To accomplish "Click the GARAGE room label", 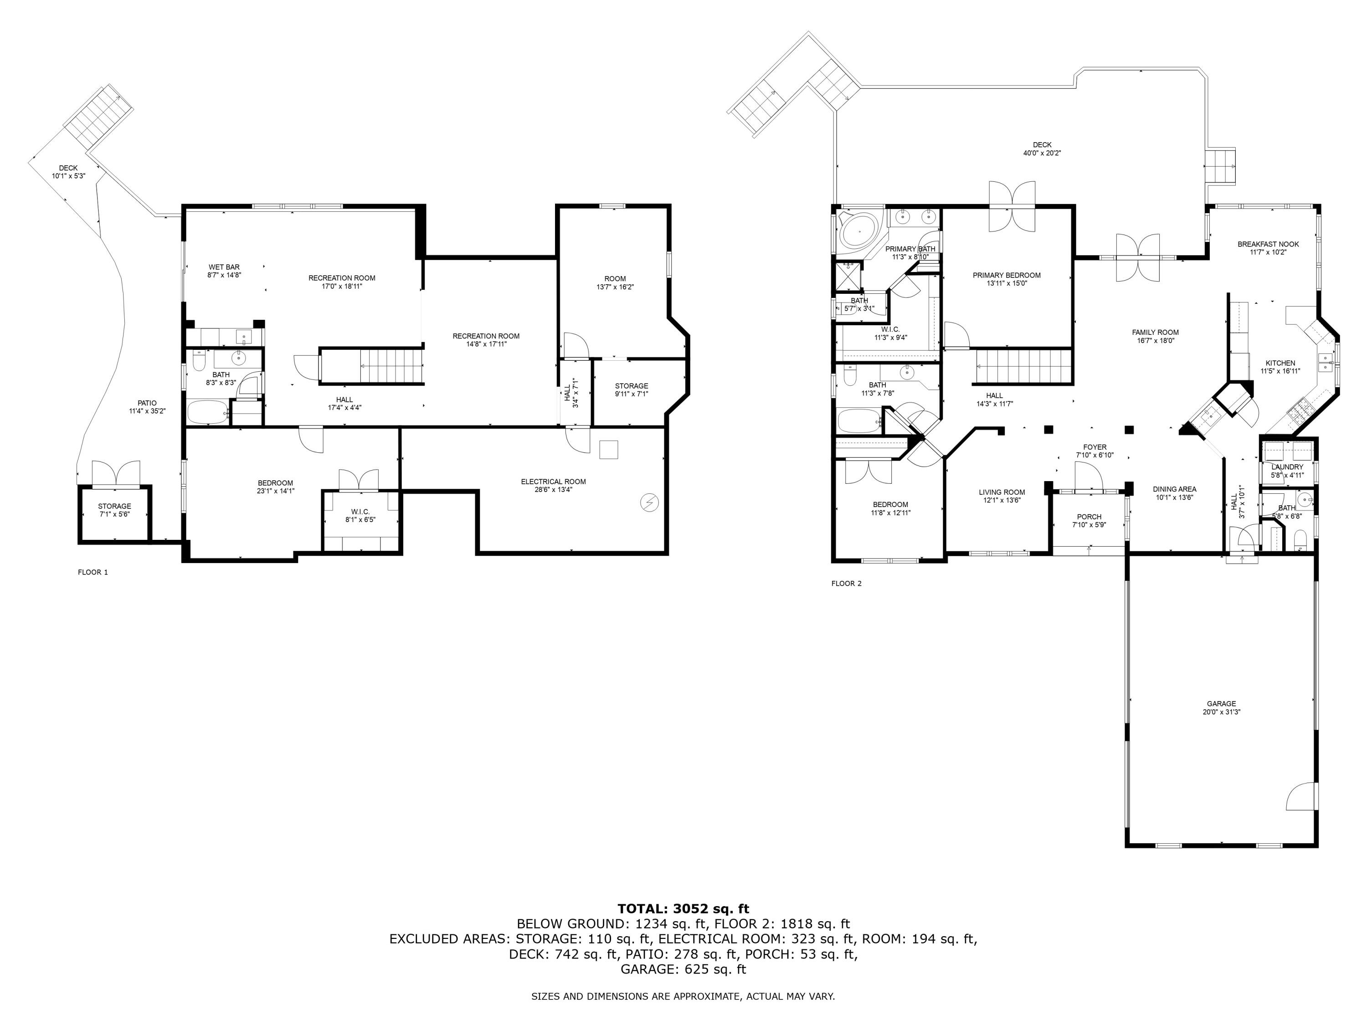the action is tap(1221, 703).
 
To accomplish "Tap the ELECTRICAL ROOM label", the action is tap(553, 482).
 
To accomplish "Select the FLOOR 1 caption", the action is tap(93, 572).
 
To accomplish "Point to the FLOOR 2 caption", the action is tap(846, 583).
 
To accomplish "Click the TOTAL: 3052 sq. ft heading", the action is tap(683, 908).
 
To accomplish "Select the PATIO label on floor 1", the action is tap(147, 403).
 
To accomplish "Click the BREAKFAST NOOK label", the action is tap(1268, 244).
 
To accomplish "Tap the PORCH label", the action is tap(1089, 517).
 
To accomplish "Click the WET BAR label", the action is tap(224, 267).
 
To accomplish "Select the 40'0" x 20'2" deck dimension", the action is tap(1042, 153).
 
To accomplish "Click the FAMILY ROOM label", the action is tap(1155, 332).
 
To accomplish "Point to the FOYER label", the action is tap(1095, 447).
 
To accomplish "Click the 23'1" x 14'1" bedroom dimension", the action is tap(275, 491).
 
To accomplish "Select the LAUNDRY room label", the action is tap(1287, 467).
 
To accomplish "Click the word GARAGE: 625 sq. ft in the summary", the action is tap(683, 969).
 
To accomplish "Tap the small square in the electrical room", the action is tap(609, 449).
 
